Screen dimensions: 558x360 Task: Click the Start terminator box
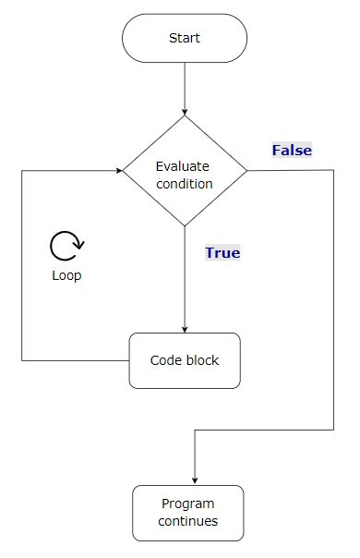click(x=185, y=38)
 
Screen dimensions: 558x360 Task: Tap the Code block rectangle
click(x=185, y=360)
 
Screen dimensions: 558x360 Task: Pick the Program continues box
click(x=187, y=513)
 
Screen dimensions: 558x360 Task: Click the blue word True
click(x=222, y=252)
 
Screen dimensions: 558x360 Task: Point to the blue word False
click(x=292, y=150)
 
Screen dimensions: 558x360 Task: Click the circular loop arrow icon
click(x=66, y=246)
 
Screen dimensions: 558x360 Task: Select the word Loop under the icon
click(x=66, y=276)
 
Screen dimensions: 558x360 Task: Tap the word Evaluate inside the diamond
click(x=183, y=166)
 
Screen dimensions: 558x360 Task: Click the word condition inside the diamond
click(x=185, y=183)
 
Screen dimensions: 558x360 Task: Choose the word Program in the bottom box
click(x=187, y=504)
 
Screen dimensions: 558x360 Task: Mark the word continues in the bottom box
click(x=187, y=521)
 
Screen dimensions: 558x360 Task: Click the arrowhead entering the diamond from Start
click(x=185, y=112)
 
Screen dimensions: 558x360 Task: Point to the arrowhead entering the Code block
click(x=185, y=329)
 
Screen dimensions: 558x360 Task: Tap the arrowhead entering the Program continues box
click(x=195, y=481)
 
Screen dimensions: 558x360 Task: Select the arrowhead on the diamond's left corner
click(x=120, y=170)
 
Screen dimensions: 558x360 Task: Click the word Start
click(x=185, y=38)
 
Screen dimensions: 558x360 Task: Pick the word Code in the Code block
click(x=165, y=360)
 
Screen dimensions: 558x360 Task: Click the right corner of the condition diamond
click(x=246, y=170)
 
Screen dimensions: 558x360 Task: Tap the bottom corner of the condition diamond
click(x=185, y=224)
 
